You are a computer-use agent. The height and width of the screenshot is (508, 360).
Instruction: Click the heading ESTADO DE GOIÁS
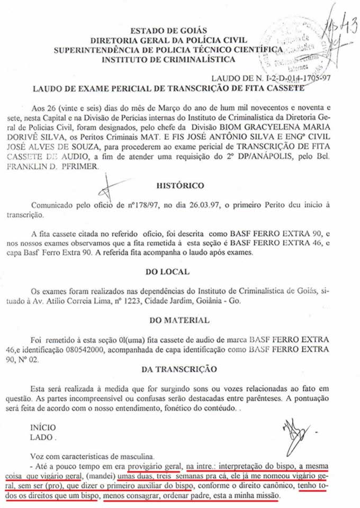coord(169,31)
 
